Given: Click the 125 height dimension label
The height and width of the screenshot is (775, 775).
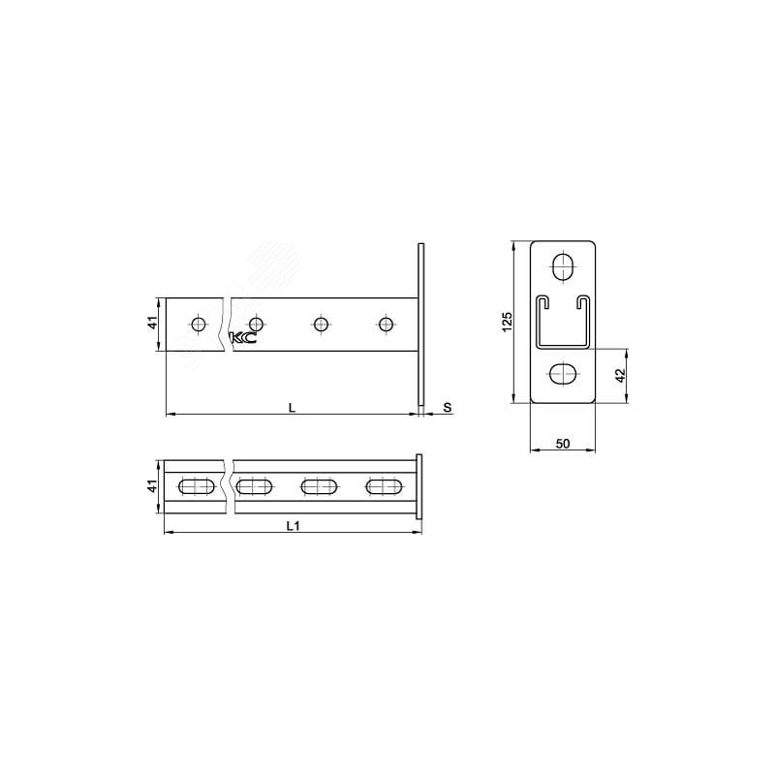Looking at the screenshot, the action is click(507, 322).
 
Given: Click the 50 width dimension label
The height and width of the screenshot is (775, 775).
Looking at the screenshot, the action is click(563, 444).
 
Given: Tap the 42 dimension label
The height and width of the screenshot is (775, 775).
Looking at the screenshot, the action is click(621, 375).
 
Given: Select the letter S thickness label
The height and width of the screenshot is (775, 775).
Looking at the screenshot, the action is click(447, 408).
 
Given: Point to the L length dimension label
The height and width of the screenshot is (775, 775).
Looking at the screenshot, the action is click(293, 408).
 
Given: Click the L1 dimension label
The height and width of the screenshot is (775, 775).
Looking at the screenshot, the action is click(294, 526).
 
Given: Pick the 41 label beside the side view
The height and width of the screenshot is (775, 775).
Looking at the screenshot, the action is click(153, 323).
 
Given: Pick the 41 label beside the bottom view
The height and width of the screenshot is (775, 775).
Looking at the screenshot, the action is click(153, 486).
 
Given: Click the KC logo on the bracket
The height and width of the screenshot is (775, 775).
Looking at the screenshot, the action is click(243, 338).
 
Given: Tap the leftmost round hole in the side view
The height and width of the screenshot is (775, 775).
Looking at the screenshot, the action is click(199, 325).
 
